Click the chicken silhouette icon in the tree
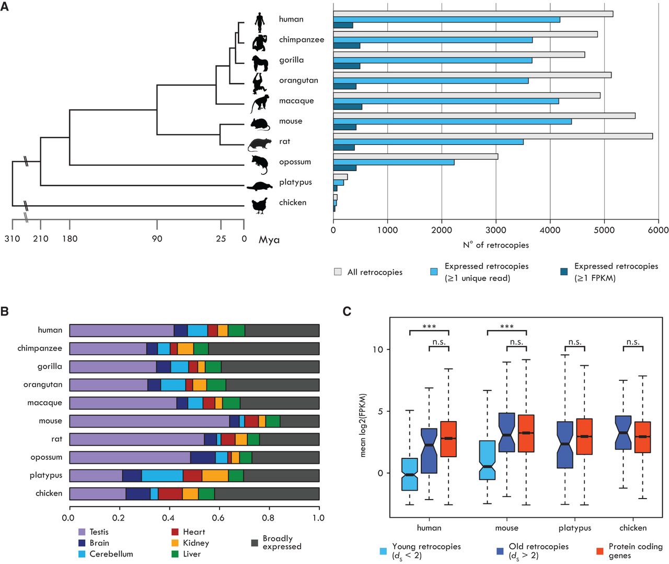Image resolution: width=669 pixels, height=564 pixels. pyautogui.click(x=260, y=205)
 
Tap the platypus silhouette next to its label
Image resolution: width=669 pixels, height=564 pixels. pyautogui.click(x=260, y=185)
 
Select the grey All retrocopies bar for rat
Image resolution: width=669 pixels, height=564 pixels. pyautogui.click(x=493, y=136)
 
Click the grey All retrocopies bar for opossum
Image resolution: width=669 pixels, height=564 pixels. pyautogui.click(x=416, y=156)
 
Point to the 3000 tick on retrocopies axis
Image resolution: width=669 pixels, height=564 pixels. pyautogui.click(x=495, y=230)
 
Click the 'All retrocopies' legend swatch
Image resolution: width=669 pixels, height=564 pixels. pyautogui.click(x=338, y=272)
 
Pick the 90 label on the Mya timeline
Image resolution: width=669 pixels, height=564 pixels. pyautogui.click(x=157, y=239)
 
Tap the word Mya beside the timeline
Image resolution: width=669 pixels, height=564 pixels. pyautogui.click(x=269, y=240)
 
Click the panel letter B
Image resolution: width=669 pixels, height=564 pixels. pyautogui.click(x=5, y=312)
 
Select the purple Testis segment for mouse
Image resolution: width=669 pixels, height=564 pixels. pyautogui.click(x=149, y=421)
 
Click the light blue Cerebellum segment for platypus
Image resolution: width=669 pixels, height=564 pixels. pyautogui.click(x=162, y=476)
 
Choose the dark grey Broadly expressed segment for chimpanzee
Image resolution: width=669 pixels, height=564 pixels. pyautogui.click(x=263, y=348)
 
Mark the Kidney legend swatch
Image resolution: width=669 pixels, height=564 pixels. pyautogui.click(x=175, y=543)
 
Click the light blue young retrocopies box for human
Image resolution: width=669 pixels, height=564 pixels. pyautogui.click(x=410, y=474)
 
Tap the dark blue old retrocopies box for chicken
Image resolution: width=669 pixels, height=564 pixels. pyautogui.click(x=623, y=432)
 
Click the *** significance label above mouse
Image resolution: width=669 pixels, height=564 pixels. pyautogui.click(x=506, y=326)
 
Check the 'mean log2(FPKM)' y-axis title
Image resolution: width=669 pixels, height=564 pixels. pyautogui.click(x=363, y=425)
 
